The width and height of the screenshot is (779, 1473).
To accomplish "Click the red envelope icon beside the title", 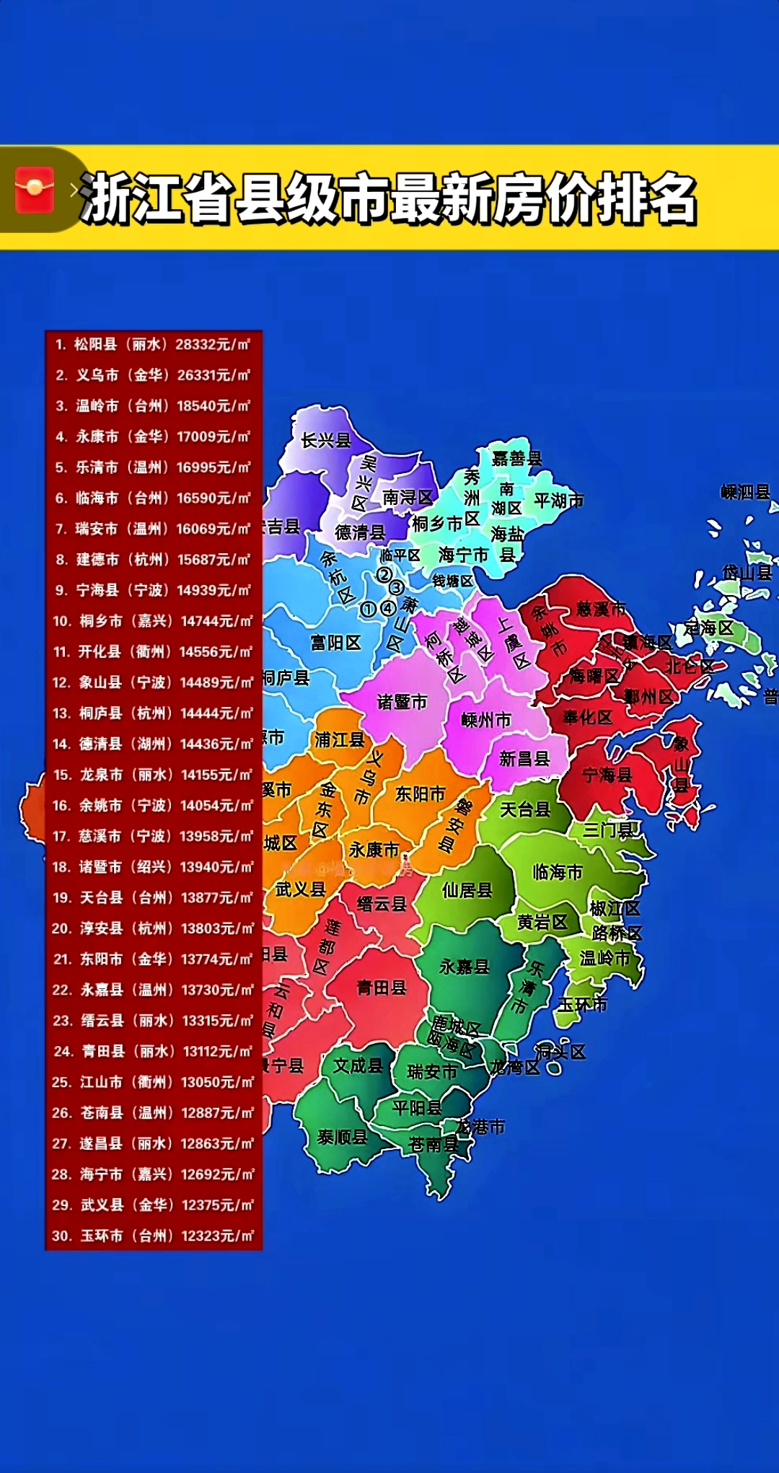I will pos(35,190).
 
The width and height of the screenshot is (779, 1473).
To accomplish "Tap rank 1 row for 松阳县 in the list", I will pos(153,345).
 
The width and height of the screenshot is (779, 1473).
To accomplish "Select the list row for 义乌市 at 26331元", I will pos(153,375).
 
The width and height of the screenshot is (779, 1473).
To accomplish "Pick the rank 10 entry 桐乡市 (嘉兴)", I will pos(153,621).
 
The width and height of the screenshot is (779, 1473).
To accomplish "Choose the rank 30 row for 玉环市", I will pos(153,1236).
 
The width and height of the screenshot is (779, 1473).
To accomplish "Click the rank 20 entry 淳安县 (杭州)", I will pos(153,928).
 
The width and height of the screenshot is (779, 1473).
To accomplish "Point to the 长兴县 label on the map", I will pos(325,440).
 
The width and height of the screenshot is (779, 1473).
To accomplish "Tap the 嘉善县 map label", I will pos(516,458).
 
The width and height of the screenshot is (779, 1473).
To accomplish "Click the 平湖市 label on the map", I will pos(558,500).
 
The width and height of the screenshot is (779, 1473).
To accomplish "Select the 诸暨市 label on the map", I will pos(402,702).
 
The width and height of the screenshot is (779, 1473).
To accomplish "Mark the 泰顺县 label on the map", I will pos(342,1138).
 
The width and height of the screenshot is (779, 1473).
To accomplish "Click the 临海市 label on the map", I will pos(557,872).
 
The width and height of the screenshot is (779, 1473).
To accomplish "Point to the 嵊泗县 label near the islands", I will pos(745,492).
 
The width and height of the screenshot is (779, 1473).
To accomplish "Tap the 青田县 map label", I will pos(381,988).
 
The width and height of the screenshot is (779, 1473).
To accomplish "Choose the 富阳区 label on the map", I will pos(335,642).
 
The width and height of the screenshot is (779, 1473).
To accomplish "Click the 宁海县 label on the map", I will pos(607,775).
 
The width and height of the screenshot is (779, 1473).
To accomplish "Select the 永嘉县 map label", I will pos(464,966).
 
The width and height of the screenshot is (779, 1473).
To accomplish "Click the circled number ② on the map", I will pos(384,574).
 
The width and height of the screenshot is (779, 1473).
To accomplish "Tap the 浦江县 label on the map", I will pos(339,739).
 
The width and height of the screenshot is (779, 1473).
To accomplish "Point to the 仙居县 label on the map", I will pos(467,890).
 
